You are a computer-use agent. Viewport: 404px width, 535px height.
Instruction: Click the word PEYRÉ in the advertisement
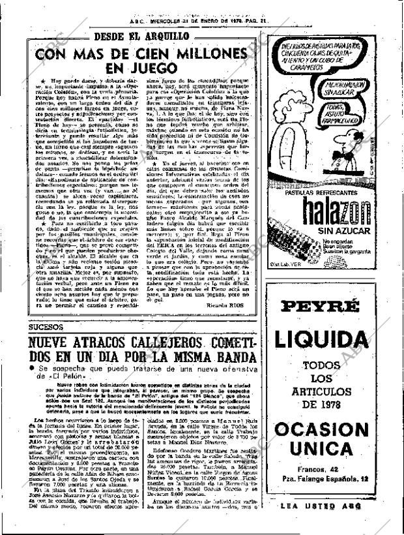(325, 306)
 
